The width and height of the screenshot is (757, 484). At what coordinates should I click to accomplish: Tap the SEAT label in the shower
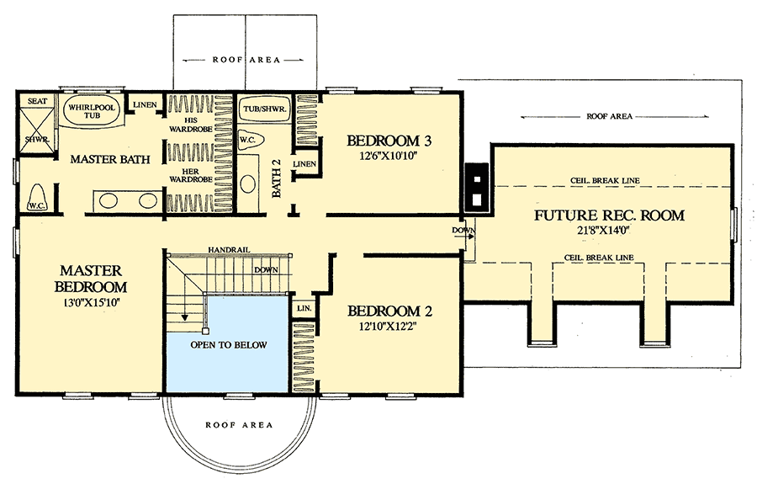36,101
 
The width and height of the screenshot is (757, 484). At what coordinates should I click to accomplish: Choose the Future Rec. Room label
609,215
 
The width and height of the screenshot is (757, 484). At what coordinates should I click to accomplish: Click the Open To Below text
228,345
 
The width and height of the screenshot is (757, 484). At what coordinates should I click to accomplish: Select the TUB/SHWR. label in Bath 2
265,109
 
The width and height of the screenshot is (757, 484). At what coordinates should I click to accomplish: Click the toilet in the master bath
36,199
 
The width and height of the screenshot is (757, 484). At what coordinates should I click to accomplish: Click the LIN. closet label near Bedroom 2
303,309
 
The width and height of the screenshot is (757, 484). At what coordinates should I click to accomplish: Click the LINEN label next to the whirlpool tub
141,104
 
